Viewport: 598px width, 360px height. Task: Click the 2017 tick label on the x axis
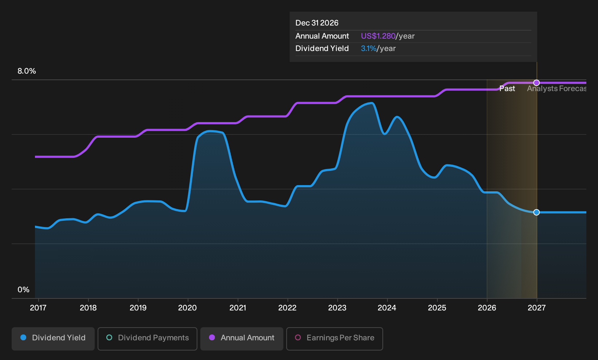point(38,308)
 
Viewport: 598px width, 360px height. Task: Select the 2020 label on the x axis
point(188,308)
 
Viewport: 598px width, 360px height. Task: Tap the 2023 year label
point(337,308)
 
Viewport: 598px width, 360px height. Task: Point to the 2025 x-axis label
point(437,308)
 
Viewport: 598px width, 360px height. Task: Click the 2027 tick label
point(536,308)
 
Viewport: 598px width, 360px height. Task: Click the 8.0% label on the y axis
point(27,71)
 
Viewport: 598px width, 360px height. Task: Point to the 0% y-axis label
point(24,290)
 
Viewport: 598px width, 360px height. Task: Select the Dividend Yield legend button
point(53,339)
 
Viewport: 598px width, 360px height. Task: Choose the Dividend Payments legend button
point(147,339)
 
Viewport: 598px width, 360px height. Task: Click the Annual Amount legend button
point(241,339)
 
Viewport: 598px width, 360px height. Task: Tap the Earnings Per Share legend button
point(334,339)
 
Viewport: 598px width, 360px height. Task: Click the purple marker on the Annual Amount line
point(536,83)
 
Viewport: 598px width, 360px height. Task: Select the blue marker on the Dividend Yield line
point(536,212)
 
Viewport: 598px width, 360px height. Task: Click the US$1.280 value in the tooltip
point(378,36)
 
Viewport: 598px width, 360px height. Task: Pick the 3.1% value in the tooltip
point(369,48)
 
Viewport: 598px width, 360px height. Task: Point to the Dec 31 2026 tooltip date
point(317,23)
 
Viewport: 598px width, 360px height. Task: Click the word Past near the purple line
point(507,89)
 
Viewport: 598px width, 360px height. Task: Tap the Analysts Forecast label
point(556,89)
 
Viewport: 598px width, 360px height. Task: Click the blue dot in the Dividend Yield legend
point(24,337)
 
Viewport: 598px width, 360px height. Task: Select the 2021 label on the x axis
point(237,308)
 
